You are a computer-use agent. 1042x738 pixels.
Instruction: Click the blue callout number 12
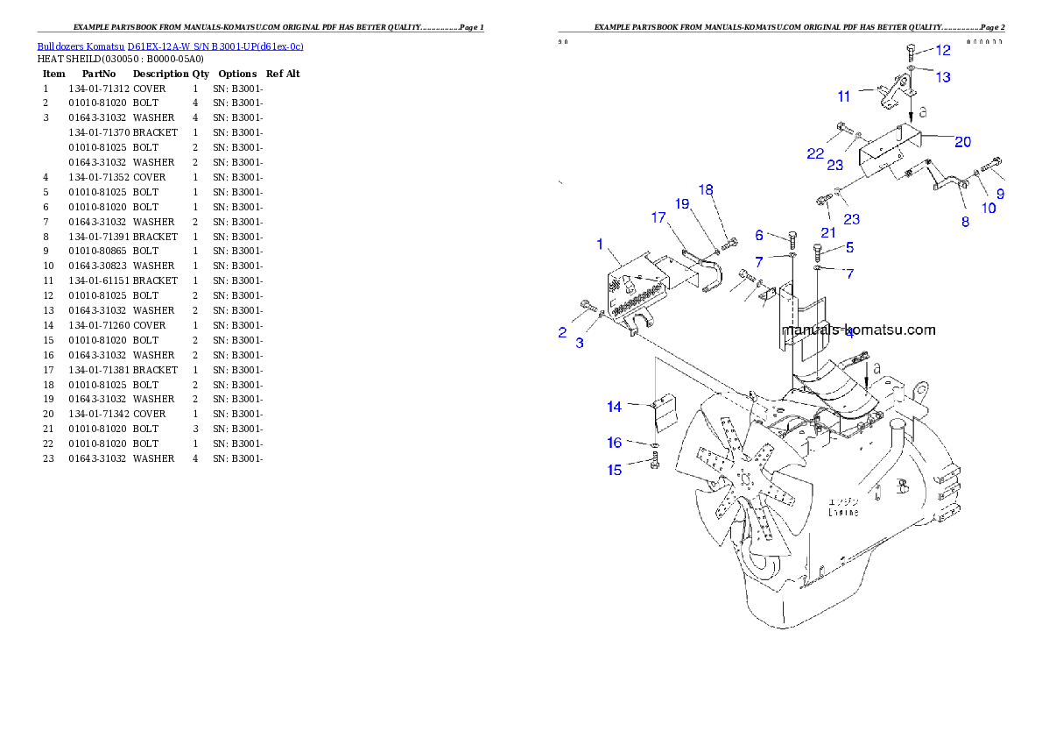click(x=942, y=50)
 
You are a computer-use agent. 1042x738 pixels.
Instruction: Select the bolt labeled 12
click(x=911, y=53)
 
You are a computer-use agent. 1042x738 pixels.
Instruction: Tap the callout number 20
click(x=962, y=141)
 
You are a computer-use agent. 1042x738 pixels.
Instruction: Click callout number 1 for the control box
click(x=601, y=243)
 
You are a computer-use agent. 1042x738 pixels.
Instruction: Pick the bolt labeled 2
click(x=587, y=306)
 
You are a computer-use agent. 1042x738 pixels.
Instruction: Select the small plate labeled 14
click(x=666, y=412)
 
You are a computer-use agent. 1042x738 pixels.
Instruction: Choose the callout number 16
click(x=615, y=443)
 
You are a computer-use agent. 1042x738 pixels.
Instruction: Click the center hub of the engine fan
click(x=746, y=479)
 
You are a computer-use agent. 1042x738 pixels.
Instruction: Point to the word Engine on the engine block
click(x=843, y=512)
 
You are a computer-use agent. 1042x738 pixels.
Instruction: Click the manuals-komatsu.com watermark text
click(x=858, y=330)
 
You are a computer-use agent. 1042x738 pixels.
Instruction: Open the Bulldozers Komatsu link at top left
click(x=170, y=46)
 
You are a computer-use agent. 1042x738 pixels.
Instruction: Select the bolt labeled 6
click(x=792, y=238)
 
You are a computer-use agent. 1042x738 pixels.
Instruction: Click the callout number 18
click(x=706, y=190)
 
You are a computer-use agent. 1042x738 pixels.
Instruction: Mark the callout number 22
click(x=815, y=153)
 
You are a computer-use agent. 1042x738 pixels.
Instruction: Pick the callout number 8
click(x=965, y=223)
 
